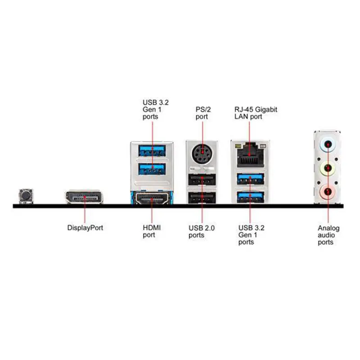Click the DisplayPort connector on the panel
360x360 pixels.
[x=84, y=197]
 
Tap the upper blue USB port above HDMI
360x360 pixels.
[x=152, y=149]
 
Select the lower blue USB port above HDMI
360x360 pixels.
[x=152, y=169]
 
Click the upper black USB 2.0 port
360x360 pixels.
[x=202, y=180]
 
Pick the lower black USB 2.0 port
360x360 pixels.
[x=202, y=198]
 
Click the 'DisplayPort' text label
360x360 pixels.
[x=85, y=228]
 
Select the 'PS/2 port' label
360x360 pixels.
[x=203, y=113]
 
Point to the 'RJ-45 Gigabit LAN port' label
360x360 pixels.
[x=255, y=113]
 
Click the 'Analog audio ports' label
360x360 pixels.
[x=328, y=235]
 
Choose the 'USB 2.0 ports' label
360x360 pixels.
[x=202, y=231]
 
